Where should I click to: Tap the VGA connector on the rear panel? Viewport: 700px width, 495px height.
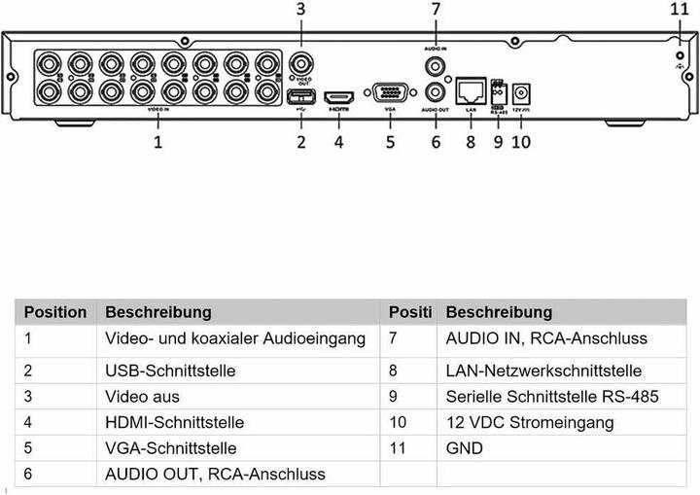389,94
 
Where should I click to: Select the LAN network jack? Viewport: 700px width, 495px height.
472,92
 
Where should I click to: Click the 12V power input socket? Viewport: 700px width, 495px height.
522,94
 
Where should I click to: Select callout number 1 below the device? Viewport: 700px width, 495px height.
157,142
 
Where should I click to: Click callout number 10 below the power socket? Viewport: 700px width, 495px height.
522,142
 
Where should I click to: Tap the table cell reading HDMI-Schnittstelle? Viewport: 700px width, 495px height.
174,423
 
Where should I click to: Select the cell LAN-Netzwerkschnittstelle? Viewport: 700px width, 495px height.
543,371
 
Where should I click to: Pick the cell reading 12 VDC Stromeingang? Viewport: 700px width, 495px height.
529,423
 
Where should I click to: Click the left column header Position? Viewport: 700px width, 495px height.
55,312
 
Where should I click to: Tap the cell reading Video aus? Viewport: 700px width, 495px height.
142,397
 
